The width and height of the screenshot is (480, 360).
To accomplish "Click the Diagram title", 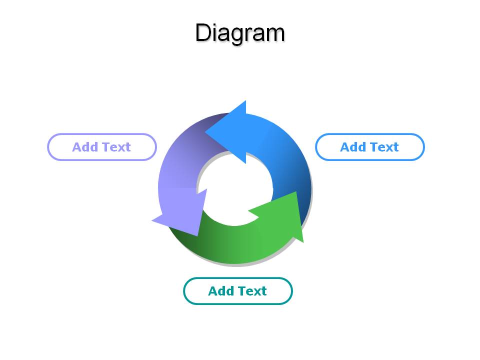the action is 240,33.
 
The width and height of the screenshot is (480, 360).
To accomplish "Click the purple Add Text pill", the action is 102,147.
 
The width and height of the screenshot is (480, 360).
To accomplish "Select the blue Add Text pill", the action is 370,147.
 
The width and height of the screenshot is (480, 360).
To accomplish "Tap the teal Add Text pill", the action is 238,291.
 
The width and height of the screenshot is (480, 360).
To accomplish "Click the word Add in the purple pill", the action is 85,147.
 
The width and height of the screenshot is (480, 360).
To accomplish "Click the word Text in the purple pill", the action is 116,147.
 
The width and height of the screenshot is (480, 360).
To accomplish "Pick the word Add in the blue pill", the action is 353,147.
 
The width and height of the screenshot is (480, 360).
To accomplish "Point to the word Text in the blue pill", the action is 384,147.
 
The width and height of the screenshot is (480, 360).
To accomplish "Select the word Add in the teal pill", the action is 220,291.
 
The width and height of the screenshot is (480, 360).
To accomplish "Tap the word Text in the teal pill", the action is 252,291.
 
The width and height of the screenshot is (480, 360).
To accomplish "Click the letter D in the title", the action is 203,33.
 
